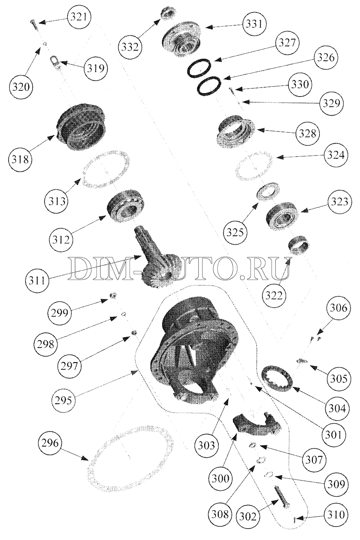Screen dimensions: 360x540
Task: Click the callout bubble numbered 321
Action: click(x=79, y=17)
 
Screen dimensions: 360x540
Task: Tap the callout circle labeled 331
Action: click(x=254, y=24)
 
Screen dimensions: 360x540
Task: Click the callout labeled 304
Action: click(x=337, y=408)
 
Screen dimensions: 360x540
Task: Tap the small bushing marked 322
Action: click(x=299, y=245)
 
